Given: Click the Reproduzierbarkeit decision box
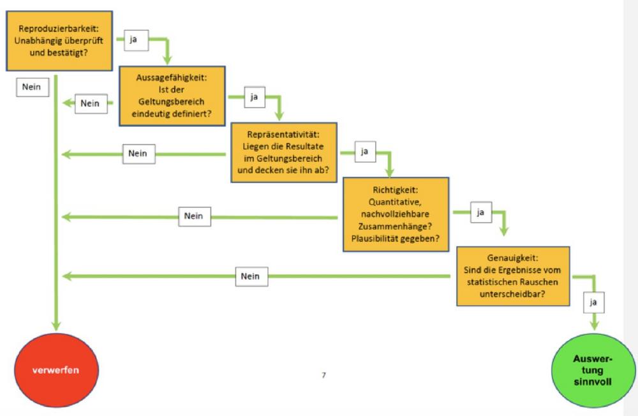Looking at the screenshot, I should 59,41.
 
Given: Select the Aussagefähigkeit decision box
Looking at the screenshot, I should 172,96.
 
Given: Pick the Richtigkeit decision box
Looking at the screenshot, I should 396,214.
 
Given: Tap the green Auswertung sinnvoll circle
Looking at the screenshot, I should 594,370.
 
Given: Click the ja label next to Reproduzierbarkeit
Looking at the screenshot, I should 135,40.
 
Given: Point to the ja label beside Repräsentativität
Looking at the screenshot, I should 365,152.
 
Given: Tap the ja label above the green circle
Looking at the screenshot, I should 594,302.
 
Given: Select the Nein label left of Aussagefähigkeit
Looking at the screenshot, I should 91,103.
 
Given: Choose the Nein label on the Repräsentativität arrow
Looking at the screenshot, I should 138,154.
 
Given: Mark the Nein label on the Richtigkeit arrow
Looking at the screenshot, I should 193,216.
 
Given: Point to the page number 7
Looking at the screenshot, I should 323,376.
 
